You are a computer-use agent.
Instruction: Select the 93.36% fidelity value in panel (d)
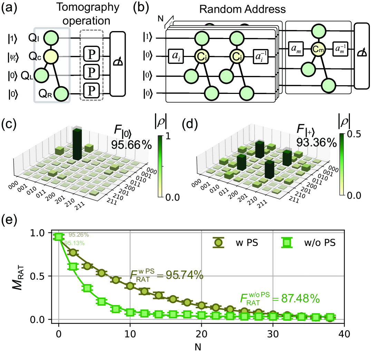coord(316,141)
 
